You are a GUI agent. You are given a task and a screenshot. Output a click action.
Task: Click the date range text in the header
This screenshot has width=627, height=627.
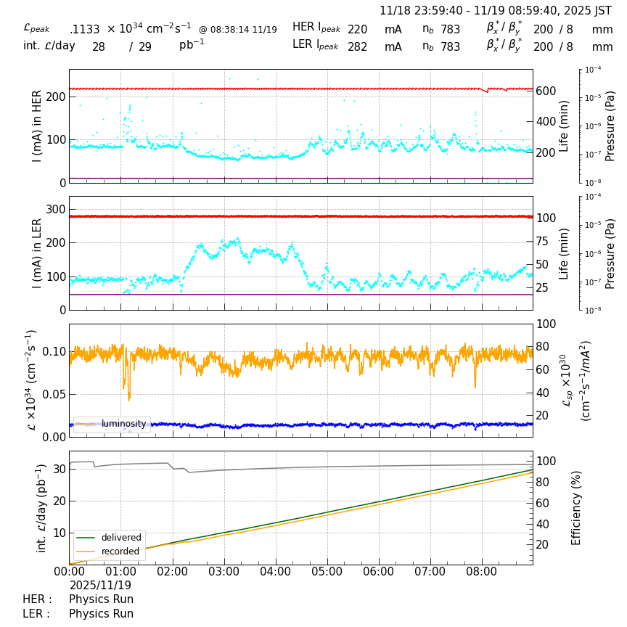click(496, 11)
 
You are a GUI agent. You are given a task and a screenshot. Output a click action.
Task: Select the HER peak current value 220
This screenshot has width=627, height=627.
click(357, 29)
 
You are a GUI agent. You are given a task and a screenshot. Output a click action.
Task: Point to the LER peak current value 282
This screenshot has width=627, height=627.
click(357, 47)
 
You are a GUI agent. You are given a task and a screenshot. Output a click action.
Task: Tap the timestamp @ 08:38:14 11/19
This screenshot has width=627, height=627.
click(238, 30)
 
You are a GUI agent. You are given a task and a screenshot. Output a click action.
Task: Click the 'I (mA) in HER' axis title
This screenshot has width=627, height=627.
click(37, 126)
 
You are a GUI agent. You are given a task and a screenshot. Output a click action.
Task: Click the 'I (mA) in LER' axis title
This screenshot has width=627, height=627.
click(37, 253)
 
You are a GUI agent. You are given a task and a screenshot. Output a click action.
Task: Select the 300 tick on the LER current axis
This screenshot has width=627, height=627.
click(56, 210)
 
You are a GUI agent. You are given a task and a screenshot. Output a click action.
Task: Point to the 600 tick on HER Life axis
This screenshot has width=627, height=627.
click(546, 91)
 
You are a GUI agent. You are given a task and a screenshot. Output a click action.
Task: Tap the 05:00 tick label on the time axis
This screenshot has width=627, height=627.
click(327, 572)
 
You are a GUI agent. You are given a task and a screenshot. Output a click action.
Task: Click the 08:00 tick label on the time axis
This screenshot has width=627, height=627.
click(482, 572)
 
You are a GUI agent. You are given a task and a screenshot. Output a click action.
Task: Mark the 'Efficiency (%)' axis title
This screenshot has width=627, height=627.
click(577, 507)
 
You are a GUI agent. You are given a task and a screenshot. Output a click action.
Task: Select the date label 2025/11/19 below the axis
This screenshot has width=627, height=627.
click(100, 586)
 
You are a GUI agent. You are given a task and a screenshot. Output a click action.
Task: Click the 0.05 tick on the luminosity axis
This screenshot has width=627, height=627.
click(52, 394)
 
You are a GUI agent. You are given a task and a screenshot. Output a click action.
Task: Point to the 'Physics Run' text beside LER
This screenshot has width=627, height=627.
click(101, 614)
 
